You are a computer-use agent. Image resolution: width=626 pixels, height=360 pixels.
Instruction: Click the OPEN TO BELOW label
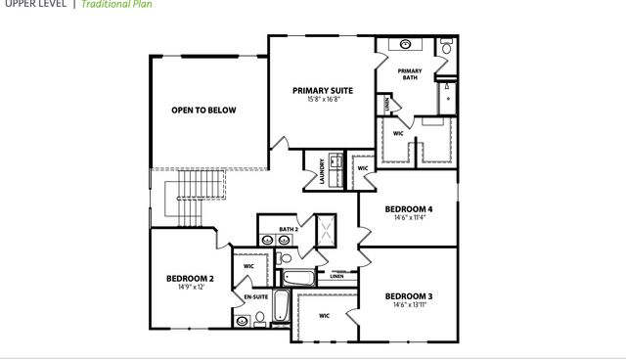pyautogui.click(x=203, y=111)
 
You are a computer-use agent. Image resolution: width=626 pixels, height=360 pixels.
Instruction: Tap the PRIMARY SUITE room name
pyautogui.click(x=323, y=90)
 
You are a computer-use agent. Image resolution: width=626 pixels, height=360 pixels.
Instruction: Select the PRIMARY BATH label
pyautogui.click(x=410, y=73)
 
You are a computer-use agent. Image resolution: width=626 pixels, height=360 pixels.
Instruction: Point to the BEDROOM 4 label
pyautogui.click(x=409, y=209)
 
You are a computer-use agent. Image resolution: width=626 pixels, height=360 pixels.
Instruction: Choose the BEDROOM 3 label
pyautogui.click(x=409, y=295)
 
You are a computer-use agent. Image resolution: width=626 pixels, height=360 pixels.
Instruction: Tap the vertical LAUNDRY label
pyautogui.click(x=322, y=172)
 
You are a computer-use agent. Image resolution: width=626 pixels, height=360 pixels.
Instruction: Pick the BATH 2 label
pyautogui.click(x=288, y=230)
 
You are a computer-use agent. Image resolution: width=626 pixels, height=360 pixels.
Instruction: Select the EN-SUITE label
pyautogui.click(x=256, y=295)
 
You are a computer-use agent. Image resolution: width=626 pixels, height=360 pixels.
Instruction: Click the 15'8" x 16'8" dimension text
pyautogui.click(x=323, y=99)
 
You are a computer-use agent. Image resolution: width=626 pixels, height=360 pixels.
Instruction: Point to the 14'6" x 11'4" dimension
pyautogui.click(x=409, y=218)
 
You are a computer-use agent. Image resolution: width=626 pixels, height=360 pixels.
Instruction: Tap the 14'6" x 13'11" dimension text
pyautogui.click(x=409, y=304)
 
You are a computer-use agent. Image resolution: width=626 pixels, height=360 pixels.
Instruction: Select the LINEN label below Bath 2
pyautogui.click(x=337, y=276)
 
